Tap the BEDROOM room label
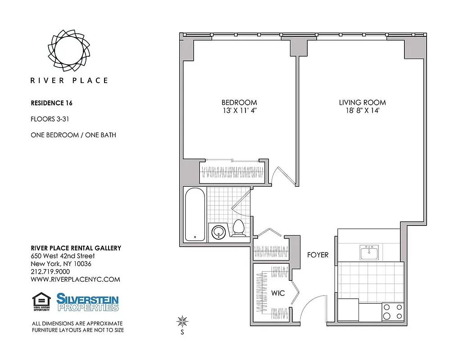click(x=239, y=103)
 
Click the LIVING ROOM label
click(x=362, y=103)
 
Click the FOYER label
click(x=318, y=255)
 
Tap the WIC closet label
click(x=278, y=293)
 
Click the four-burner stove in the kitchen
click(x=392, y=311)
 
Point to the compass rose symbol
click(x=182, y=321)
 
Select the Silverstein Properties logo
click(x=87, y=302)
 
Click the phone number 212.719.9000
click(x=50, y=271)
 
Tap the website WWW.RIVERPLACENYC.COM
click(x=75, y=279)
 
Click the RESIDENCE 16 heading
click(x=51, y=103)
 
